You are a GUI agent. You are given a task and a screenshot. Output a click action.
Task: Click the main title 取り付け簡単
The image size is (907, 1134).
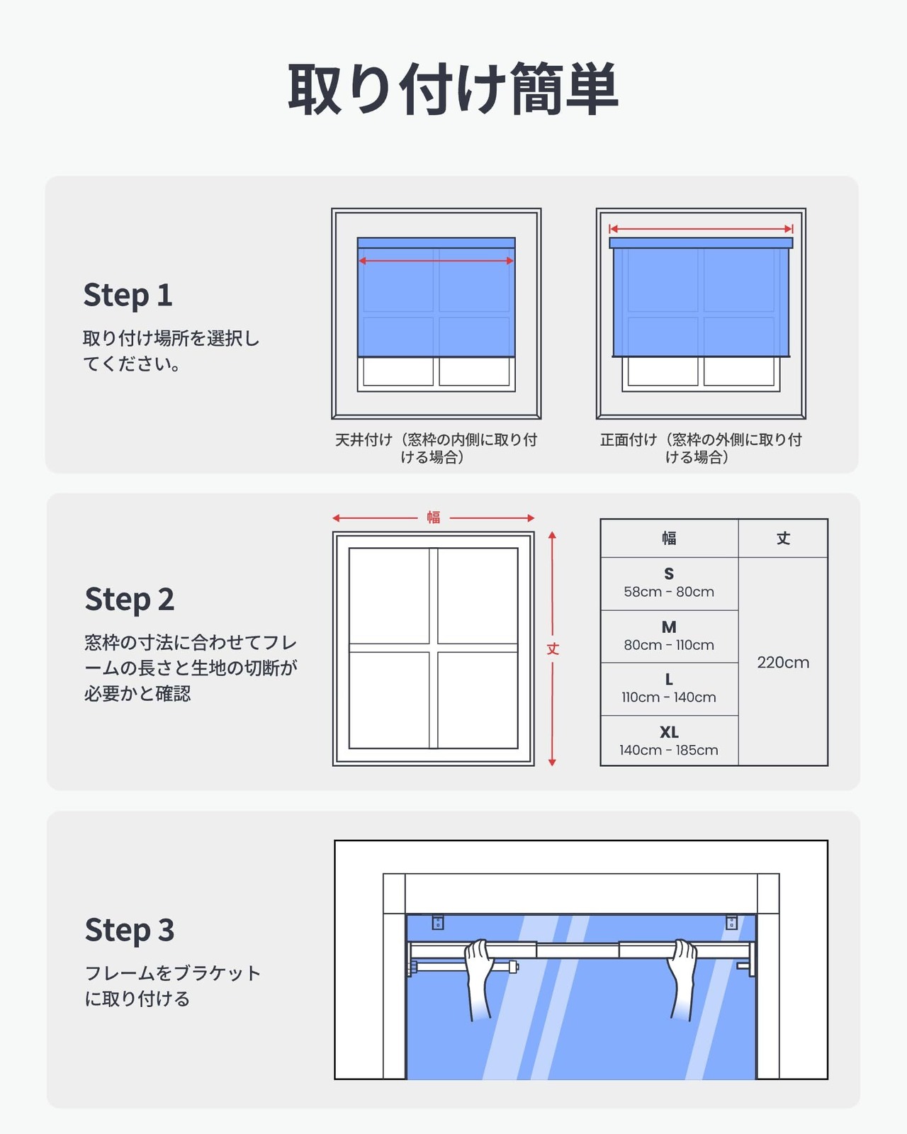[453, 89]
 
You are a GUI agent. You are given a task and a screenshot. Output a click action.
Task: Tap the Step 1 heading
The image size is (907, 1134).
[128, 295]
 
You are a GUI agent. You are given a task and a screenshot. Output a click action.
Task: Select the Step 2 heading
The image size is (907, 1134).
[130, 599]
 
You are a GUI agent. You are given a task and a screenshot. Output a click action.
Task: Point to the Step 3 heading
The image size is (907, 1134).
[130, 930]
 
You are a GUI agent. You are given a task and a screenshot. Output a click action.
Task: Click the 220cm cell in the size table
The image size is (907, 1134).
[783, 663]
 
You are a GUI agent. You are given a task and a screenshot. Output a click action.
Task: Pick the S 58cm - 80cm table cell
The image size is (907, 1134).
[669, 583]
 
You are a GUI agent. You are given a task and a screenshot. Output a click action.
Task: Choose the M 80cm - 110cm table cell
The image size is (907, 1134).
[669, 636]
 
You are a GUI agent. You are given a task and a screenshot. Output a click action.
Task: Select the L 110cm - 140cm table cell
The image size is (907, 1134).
[669, 689]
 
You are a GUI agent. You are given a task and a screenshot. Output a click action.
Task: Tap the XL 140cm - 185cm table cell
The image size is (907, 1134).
[669, 741]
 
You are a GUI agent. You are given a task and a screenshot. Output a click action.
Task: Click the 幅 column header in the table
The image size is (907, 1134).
[669, 538]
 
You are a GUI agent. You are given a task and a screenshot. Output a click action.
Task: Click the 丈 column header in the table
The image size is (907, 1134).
[783, 538]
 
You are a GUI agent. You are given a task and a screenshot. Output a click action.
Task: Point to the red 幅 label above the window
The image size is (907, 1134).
[433, 517]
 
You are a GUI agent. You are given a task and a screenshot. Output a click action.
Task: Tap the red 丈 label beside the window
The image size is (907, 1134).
[552, 649]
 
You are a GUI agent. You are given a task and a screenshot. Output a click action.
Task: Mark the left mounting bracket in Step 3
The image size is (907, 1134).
[437, 922]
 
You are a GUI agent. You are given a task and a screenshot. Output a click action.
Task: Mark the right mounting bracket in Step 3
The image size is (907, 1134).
[731, 922]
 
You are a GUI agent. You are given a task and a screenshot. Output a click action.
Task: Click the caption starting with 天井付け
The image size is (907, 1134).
[436, 448]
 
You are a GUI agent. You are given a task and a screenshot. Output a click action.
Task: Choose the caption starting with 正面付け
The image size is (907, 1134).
[700, 448]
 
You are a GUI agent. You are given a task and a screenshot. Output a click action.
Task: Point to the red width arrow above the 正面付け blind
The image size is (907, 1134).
[701, 229]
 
